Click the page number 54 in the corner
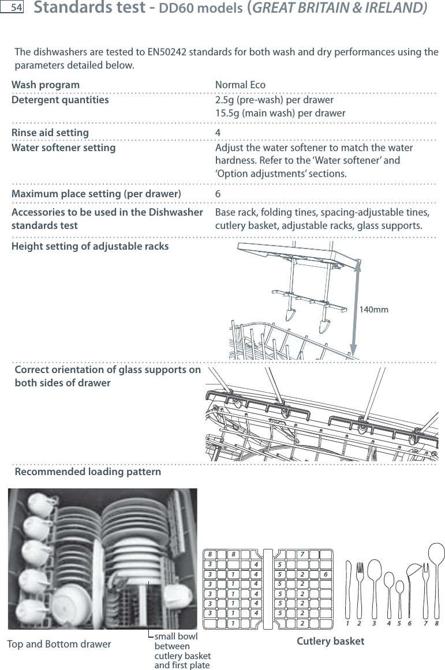click(16, 8)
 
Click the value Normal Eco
click(240, 85)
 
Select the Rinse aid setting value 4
click(218, 133)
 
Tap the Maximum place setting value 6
click(218, 194)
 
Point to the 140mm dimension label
click(373, 310)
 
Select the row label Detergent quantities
click(60, 100)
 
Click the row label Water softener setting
click(63, 148)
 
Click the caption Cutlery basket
click(330, 641)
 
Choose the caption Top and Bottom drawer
click(59, 644)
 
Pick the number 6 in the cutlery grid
click(326, 575)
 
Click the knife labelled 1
click(347, 588)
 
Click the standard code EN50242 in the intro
click(170, 53)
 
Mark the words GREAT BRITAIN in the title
click(317, 9)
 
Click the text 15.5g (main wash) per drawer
click(281, 113)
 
